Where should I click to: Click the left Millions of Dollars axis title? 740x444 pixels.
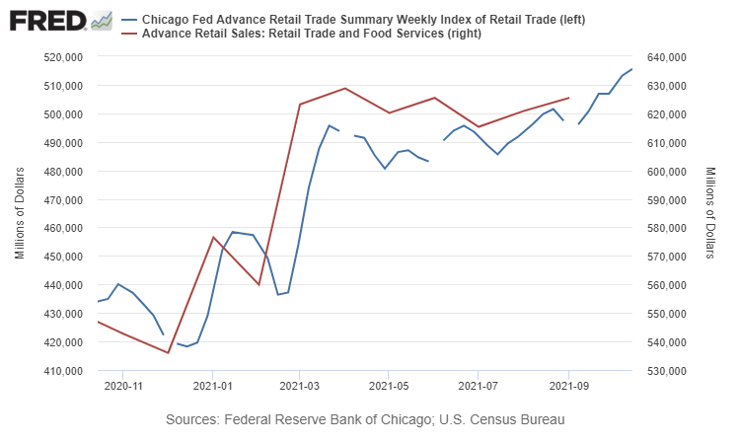[20, 213]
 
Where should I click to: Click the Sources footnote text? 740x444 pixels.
[366, 420]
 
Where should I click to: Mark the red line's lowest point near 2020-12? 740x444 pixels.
[169, 352]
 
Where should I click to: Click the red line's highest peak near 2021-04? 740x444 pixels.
[344, 88]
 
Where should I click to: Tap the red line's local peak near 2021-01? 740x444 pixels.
[213, 237]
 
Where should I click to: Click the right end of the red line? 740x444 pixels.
[568, 98]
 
